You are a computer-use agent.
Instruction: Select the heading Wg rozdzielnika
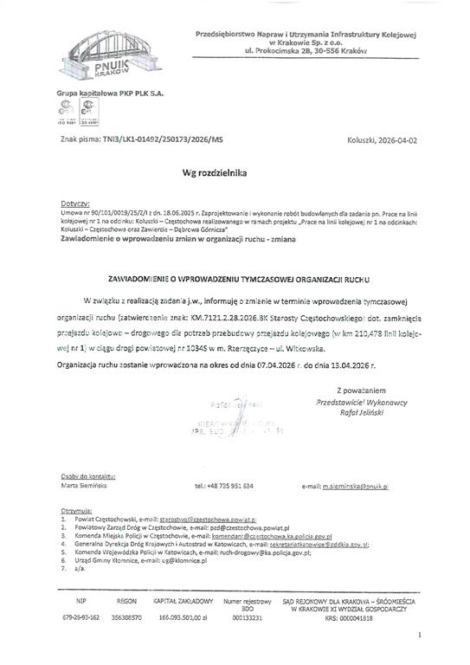tap(215, 173)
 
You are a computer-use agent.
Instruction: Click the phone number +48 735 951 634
tap(223, 487)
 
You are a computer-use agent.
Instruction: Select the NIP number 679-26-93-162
tap(81, 617)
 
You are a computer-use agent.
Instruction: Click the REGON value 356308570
tap(126, 617)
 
